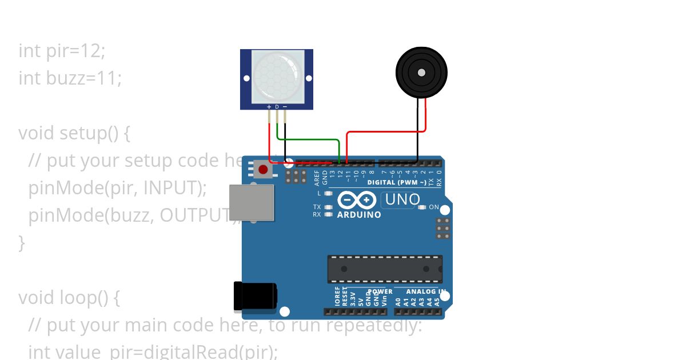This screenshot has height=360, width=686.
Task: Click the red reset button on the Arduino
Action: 263,169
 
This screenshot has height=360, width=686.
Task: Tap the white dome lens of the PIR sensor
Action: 277,76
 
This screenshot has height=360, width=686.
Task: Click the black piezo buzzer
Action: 421,73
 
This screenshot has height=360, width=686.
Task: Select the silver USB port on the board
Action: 252,202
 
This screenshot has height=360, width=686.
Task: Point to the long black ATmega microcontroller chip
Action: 385,269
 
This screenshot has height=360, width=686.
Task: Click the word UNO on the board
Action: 402,200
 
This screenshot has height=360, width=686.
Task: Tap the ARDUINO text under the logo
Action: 359,215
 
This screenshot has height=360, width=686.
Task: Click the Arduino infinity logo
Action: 357,200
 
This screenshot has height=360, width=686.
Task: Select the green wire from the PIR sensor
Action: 309,139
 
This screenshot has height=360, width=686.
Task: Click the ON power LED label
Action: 434,207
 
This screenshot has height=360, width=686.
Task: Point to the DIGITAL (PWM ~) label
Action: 396,183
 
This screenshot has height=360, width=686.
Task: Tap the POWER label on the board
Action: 380,291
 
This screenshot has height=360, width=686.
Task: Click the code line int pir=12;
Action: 62,50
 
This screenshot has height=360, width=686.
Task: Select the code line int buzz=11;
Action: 70,78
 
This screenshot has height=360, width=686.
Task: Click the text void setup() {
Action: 74,133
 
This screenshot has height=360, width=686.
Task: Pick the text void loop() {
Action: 69,298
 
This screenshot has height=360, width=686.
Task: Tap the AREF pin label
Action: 317,179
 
